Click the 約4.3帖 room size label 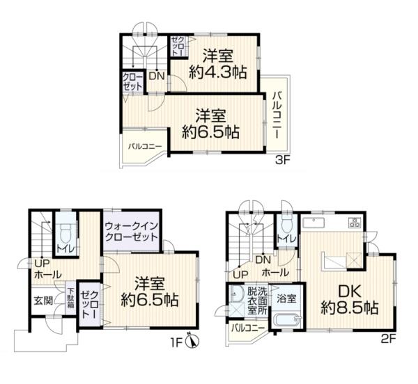218,72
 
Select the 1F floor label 177,342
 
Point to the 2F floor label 390,339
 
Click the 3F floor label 283,161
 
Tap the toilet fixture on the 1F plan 65,233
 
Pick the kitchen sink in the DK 313,223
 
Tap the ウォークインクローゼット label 132,231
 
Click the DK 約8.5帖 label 350,300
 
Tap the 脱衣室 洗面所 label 257,301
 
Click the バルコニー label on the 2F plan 248,328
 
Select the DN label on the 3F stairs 157,77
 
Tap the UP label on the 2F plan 241,274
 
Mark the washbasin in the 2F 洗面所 236,294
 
